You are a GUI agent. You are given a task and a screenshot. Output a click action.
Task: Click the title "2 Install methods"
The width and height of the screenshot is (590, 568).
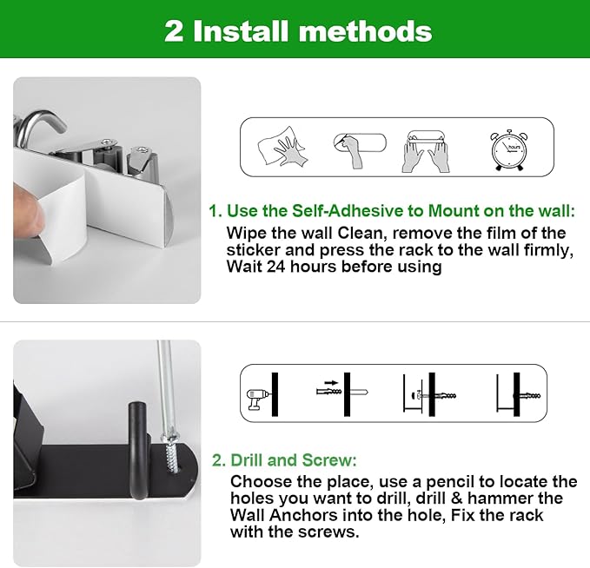click(298, 30)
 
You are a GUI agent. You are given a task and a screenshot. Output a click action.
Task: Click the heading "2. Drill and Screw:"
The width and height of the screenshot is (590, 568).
click(284, 460)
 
